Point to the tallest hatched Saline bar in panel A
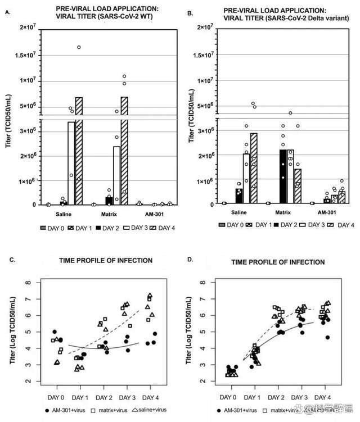click(x=79, y=152)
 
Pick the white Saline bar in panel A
click(x=71, y=163)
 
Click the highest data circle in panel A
click(x=79, y=47)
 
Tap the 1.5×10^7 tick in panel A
click(x=28, y=55)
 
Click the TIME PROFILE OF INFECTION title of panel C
click(x=105, y=260)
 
